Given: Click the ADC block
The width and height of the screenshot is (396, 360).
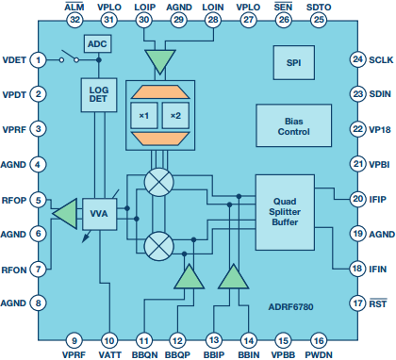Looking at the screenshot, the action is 97,43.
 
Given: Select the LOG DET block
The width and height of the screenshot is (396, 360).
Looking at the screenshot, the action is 99,95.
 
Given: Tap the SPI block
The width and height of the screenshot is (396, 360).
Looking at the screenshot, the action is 294,62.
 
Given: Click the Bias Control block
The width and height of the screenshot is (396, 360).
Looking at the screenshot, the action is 294,125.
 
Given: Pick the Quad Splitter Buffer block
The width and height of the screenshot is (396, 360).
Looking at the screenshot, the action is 285,212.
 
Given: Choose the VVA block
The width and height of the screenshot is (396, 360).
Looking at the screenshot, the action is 99,214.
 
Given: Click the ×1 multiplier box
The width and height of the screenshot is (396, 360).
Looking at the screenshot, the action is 144,116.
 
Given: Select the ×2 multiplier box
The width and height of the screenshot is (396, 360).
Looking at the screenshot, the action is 175,116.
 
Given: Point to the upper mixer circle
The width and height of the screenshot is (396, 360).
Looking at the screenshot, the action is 158,183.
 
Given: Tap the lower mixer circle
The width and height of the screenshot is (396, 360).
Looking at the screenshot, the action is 158,246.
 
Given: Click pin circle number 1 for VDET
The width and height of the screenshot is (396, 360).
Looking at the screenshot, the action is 38,59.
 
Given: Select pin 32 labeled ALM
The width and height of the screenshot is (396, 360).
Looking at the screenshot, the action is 74,20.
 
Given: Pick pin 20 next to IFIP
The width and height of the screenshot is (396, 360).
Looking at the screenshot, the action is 358,199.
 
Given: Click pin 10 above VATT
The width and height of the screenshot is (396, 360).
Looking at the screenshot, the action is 109,341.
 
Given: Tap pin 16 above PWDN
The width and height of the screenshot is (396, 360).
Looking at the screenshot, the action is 319,341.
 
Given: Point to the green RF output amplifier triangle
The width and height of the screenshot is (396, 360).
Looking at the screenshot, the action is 65,214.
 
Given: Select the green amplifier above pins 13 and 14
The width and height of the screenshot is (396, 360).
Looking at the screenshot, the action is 234,276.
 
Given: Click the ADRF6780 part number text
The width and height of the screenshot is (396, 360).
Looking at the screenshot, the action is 290,307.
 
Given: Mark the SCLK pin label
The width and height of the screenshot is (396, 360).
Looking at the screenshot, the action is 381,59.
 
